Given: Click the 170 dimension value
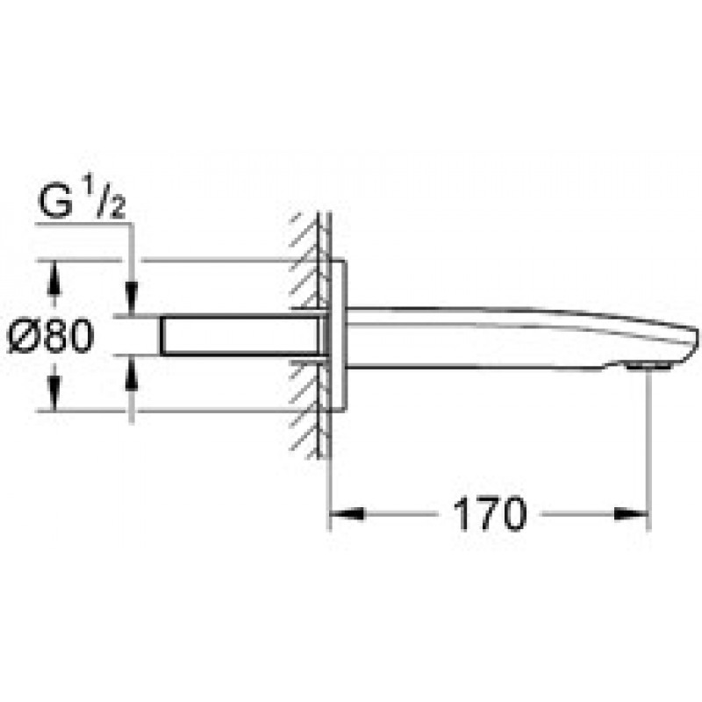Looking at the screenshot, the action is point(490,514).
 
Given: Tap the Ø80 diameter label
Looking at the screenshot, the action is point(52,335).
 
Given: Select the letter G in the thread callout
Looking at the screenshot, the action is point(56,202).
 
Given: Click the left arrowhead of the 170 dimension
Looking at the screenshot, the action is point(347,514).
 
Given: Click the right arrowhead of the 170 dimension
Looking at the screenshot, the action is point(631,514).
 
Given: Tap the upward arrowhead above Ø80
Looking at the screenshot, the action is point(54,277).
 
